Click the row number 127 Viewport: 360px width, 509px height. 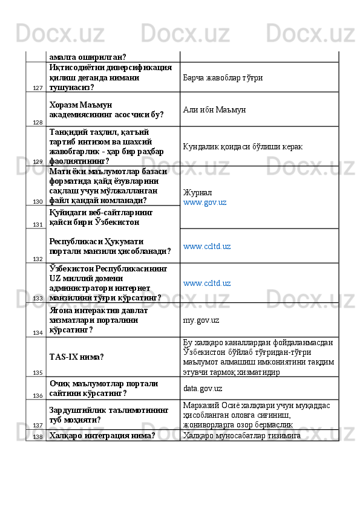[x=38, y=88]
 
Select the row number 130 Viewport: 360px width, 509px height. [x=38, y=202]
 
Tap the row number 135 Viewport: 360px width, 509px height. [x=38, y=372]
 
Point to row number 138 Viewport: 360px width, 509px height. [x=38, y=436]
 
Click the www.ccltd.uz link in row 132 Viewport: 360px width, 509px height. [x=207, y=247]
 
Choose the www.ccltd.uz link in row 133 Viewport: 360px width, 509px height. [x=207, y=283]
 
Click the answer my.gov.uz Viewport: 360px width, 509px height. [x=201, y=320]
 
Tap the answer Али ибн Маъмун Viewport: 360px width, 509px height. [x=214, y=109]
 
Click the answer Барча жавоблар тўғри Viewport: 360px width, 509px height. [x=223, y=78]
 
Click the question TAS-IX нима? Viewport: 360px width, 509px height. [x=76, y=357]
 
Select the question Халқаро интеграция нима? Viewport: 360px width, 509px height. [x=102, y=435]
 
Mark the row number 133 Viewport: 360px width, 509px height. [x=38, y=298]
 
